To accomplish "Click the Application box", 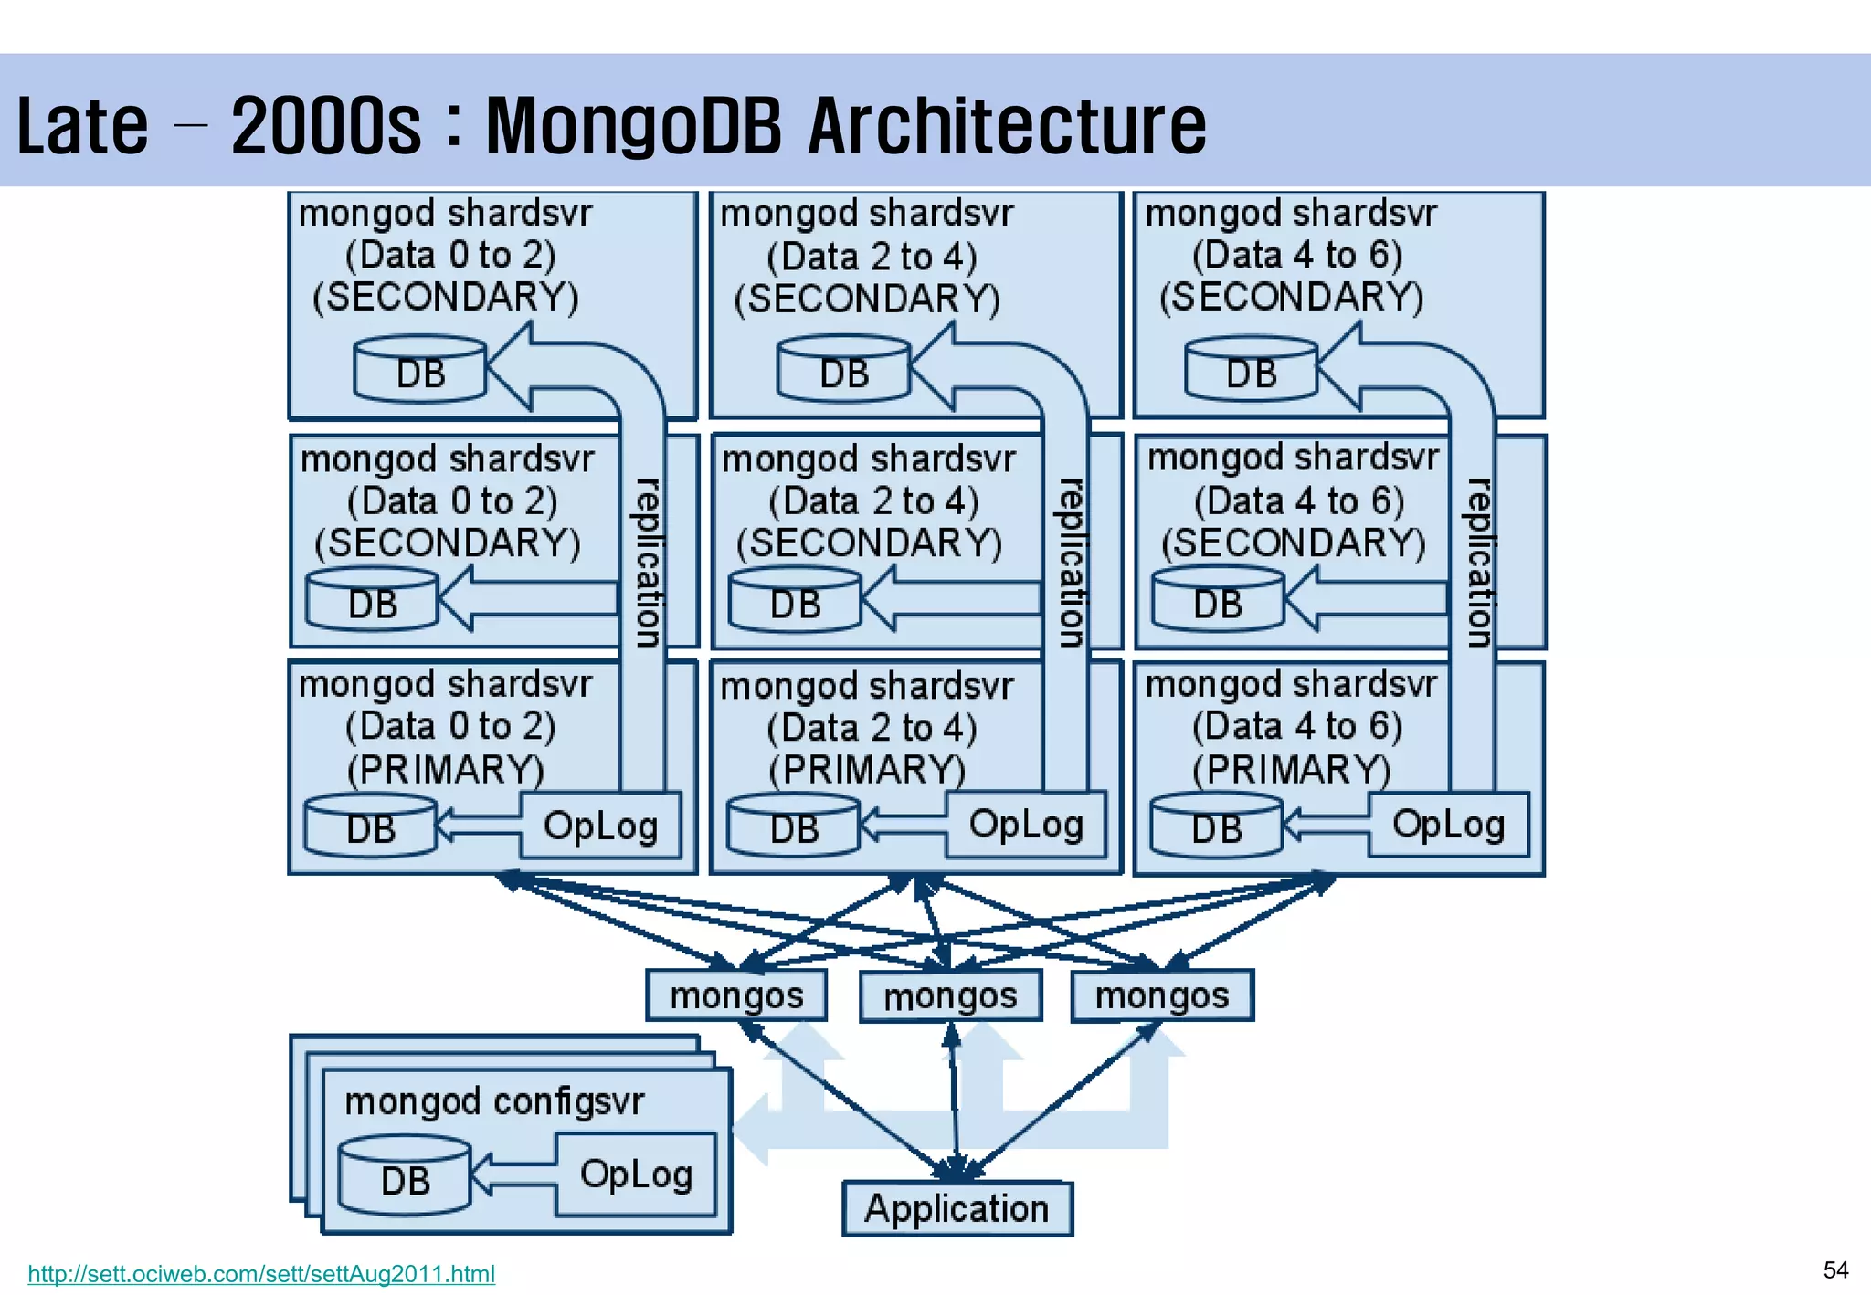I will tap(957, 1208).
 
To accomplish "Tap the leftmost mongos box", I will tap(736, 995).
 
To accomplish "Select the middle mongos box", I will tap(950, 996).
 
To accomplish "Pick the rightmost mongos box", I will tap(1162, 995).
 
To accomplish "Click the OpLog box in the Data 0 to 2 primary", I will tap(600, 826).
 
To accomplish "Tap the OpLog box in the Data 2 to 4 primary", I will tap(1025, 825).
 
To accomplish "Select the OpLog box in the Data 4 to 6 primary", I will tap(1448, 825).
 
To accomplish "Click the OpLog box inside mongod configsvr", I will tap(636, 1174).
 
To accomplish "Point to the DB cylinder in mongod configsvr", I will tap(405, 1178).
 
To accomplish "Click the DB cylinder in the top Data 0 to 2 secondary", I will tap(420, 370).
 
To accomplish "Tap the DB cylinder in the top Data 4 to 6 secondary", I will tap(1251, 370).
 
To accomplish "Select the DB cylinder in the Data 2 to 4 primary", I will tap(794, 826).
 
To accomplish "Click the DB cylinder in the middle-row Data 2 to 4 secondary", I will tap(795, 601).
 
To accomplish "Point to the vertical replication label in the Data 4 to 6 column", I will tap(1479, 563).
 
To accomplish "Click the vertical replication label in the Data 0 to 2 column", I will tap(648, 563).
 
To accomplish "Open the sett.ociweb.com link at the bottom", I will tap(261, 1273).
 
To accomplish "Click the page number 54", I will tap(1835, 1270).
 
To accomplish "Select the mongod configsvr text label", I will tap(494, 1101).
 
